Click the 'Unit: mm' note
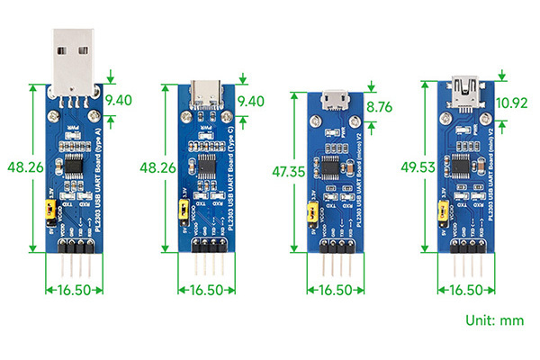[x=494, y=319]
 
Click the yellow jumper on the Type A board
[x=51, y=211]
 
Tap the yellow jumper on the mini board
[x=442, y=212]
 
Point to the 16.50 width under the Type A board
[x=75, y=290]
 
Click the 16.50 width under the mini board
[x=464, y=290]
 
